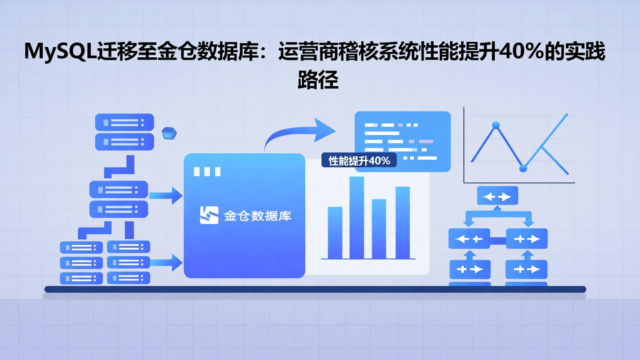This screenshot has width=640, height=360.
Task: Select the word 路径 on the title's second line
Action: [318, 80]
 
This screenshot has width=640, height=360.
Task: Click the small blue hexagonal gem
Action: [169, 133]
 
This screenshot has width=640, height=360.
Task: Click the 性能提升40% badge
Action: [359, 160]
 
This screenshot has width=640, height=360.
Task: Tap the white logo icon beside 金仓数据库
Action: [209, 215]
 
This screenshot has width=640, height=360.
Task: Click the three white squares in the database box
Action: [207, 172]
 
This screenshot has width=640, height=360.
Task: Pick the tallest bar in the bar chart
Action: [356, 217]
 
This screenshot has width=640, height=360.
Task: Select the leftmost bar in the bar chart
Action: [335, 232]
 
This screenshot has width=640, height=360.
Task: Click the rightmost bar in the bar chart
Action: [403, 222]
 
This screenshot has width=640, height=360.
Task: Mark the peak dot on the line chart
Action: [496, 125]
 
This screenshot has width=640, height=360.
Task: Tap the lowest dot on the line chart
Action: [523, 168]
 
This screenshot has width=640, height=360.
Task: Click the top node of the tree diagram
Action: [497, 196]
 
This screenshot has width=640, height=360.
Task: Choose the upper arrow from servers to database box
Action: [165, 196]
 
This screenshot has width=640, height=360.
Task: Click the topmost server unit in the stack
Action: [124, 122]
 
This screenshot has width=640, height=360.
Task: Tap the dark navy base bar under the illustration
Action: [315, 289]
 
